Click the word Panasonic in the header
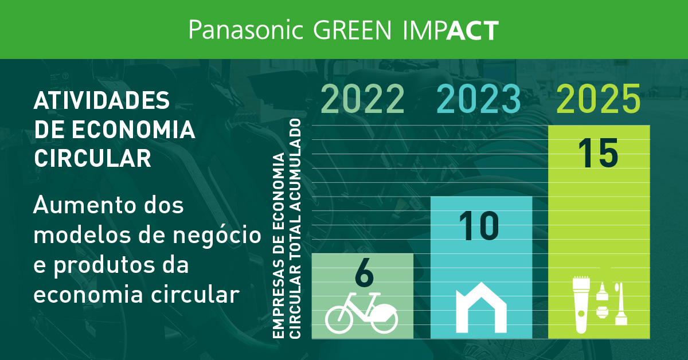[245, 30]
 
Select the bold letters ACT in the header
[472, 30]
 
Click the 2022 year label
[363, 99]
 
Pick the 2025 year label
[599, 99]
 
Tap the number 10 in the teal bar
[479, 225]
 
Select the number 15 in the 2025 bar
[598, 153]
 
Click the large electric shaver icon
[581, 305]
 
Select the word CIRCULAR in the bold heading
[93, 158]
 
